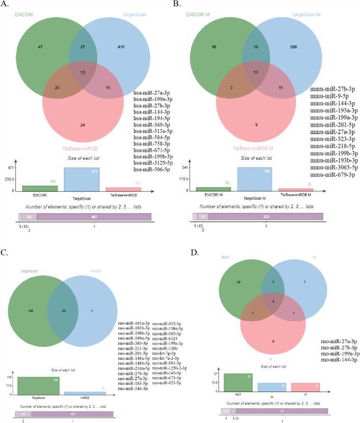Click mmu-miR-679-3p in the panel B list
coord(333,175)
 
